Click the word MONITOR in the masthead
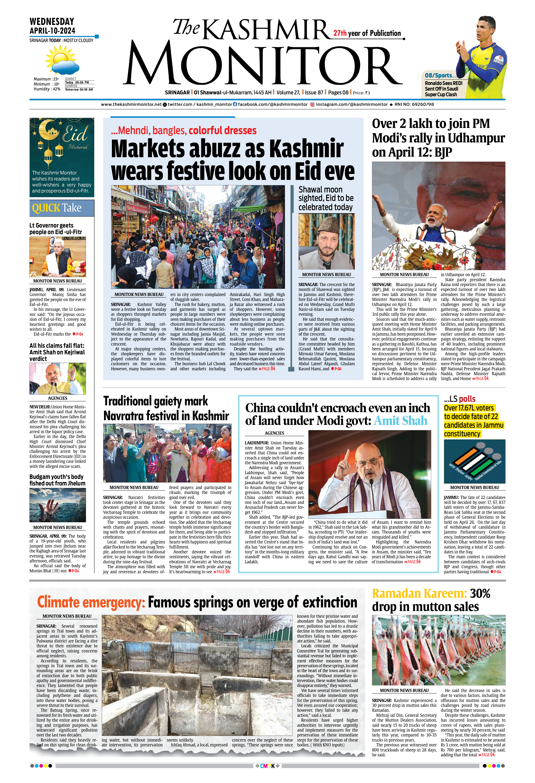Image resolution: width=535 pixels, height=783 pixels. (x=265, y=66)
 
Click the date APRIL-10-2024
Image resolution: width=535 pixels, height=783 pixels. (x=52, y=31)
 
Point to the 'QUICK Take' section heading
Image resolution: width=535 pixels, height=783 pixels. (x=57, y=208)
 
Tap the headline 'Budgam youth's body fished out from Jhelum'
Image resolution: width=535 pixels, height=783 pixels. (x=57, y=480)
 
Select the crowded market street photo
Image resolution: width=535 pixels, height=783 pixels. (x=198, y=237)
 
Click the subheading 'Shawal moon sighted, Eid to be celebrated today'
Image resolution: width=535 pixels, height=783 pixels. (x=326, y=198)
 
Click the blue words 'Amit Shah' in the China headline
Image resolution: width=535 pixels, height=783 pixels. (x=400, y=421)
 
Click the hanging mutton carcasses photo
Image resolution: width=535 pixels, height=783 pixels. (x=438, y=650)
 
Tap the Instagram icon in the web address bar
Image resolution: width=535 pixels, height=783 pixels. (x=312, y=104)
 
